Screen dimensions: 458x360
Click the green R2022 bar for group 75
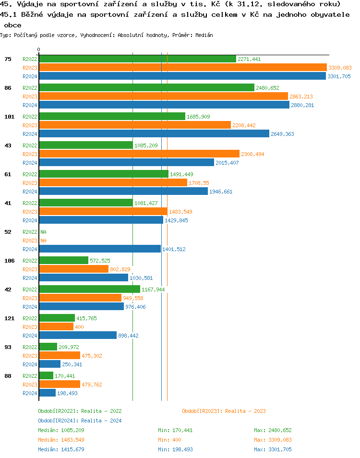click(137, 59)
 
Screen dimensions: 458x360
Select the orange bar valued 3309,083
click(182, 68)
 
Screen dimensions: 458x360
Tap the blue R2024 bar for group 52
click(100, 249)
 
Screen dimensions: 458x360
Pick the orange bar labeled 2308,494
click(139, 154)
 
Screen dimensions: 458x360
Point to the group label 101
click(9, 117)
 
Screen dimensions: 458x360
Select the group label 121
click(9, 318)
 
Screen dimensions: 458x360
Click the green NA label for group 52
click(43, 232)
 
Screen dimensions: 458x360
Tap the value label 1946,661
click(221, 192)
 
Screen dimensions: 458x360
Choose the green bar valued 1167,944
click(89, 289)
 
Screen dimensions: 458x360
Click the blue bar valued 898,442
click(78, 336)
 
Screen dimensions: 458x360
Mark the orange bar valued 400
click(56, 327)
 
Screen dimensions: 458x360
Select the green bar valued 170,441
click(46, 376)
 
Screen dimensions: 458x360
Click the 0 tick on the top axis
click(39, 49)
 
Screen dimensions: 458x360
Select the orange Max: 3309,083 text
click(273, 440)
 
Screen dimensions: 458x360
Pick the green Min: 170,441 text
click(175, 430)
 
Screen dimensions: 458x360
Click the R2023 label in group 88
click(30, 385)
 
